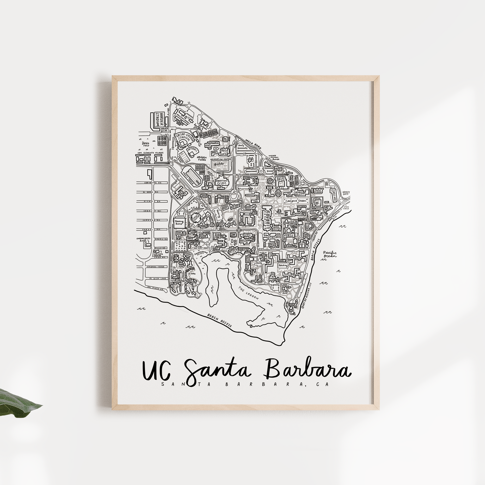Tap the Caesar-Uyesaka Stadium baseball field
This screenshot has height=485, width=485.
pyautogui.click(x=183, y=141)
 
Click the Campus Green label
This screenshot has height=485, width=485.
pyautogui.click(x=295, y=201)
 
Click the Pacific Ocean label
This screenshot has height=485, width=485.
pyautogui.click(x=330, y=254)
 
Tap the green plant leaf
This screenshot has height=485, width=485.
pyautogui.click(x=20, y=403)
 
